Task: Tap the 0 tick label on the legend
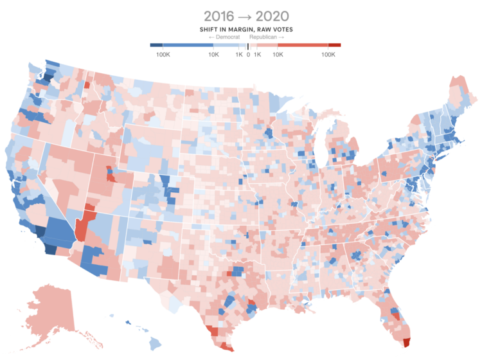click(248, 54)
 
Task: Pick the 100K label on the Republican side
click(328, 54)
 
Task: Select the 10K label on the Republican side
click(278, 54)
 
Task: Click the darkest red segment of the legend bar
click(334, 45)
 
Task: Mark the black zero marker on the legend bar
click(248, 45)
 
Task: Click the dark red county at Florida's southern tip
click(406, 341)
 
